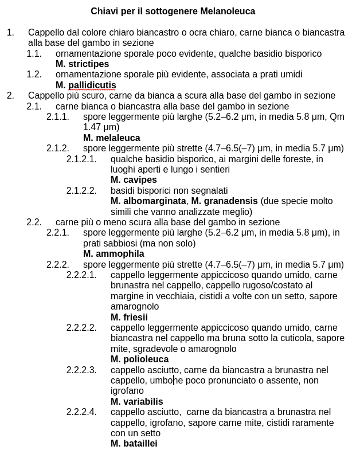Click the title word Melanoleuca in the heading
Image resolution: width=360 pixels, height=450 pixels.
(228, 11)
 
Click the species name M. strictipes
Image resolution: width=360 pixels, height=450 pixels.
(82, 64)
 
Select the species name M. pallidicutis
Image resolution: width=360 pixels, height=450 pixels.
(86, 85)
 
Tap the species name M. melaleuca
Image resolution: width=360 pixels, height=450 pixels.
(111, 138)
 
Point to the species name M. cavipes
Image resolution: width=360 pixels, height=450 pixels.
(134, 180)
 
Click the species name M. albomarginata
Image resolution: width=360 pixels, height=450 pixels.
(148, 201)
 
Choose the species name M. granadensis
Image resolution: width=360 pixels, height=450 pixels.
(225, 201)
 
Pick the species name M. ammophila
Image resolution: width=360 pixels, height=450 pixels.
(114, 254)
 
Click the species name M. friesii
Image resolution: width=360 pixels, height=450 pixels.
(129, 318)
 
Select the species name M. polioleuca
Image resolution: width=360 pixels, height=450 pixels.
(139, 359)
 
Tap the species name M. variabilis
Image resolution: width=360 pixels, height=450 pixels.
(136, 402)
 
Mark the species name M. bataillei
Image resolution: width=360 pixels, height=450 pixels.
(134, 444)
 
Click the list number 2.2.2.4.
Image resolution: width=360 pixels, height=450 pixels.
(81, 412)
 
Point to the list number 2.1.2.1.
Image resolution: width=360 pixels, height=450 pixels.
(81, 159)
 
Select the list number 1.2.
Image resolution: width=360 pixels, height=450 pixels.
(34, 75)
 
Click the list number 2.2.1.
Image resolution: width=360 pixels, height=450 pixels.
(57, 233)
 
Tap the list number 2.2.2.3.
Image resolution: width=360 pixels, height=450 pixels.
(81, 370)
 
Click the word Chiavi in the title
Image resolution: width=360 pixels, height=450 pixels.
(104, 11)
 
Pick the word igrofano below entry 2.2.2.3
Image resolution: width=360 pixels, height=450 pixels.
(127, 391)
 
